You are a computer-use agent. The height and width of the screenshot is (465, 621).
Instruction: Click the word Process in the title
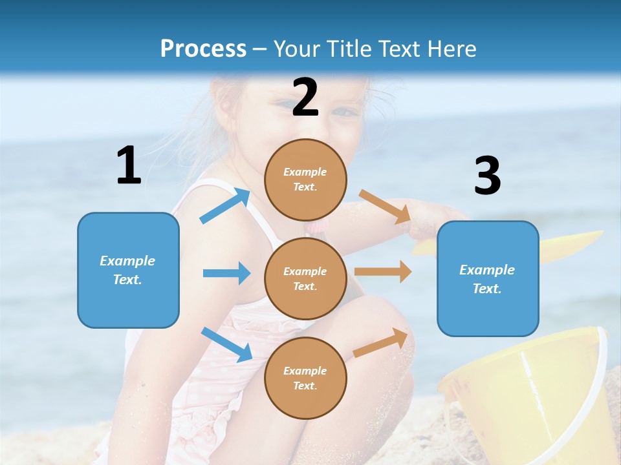point(203,48)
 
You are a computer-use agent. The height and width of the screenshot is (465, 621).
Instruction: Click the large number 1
point(129,165)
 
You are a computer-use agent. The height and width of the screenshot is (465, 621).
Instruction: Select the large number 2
point(305,98)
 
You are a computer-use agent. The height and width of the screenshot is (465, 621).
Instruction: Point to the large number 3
point(487,176)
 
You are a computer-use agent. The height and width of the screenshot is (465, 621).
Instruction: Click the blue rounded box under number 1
point(128,270)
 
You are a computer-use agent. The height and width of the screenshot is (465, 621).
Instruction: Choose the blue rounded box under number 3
point(488,278)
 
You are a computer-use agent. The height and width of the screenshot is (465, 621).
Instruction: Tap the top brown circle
point(305,179)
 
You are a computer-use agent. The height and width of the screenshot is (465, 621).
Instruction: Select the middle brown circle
point(305,278)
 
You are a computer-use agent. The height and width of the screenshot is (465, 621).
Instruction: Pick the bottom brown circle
point(305,378)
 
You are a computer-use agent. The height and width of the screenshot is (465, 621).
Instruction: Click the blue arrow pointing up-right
point(225,205)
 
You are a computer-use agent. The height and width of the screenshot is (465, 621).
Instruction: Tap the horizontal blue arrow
point(226,273)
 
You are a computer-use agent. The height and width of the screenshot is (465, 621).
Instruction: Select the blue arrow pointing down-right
point(226,344)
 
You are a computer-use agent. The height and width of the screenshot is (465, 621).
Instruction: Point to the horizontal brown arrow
point(383,272)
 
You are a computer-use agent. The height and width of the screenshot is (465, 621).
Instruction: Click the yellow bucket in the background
point(524,394)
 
